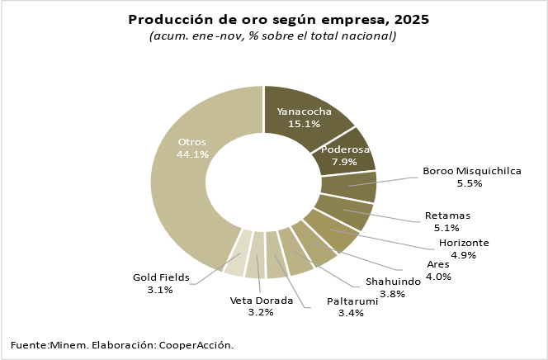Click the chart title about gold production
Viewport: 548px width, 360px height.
point(279,20)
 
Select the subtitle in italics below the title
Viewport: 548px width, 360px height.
point(273,36)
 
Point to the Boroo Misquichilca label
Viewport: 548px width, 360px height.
point(472,172)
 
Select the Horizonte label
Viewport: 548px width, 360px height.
point(464,243)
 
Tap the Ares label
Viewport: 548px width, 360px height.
point(438,264)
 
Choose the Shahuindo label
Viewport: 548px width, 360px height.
point(393,282)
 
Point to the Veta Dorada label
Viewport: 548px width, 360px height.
point(261,301)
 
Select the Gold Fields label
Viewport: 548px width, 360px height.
point(162,277)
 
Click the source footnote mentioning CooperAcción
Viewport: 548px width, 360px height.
point(122,344)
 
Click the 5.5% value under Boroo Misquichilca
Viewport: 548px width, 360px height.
point(472,184)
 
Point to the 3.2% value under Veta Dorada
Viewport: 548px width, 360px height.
point(261,313)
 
